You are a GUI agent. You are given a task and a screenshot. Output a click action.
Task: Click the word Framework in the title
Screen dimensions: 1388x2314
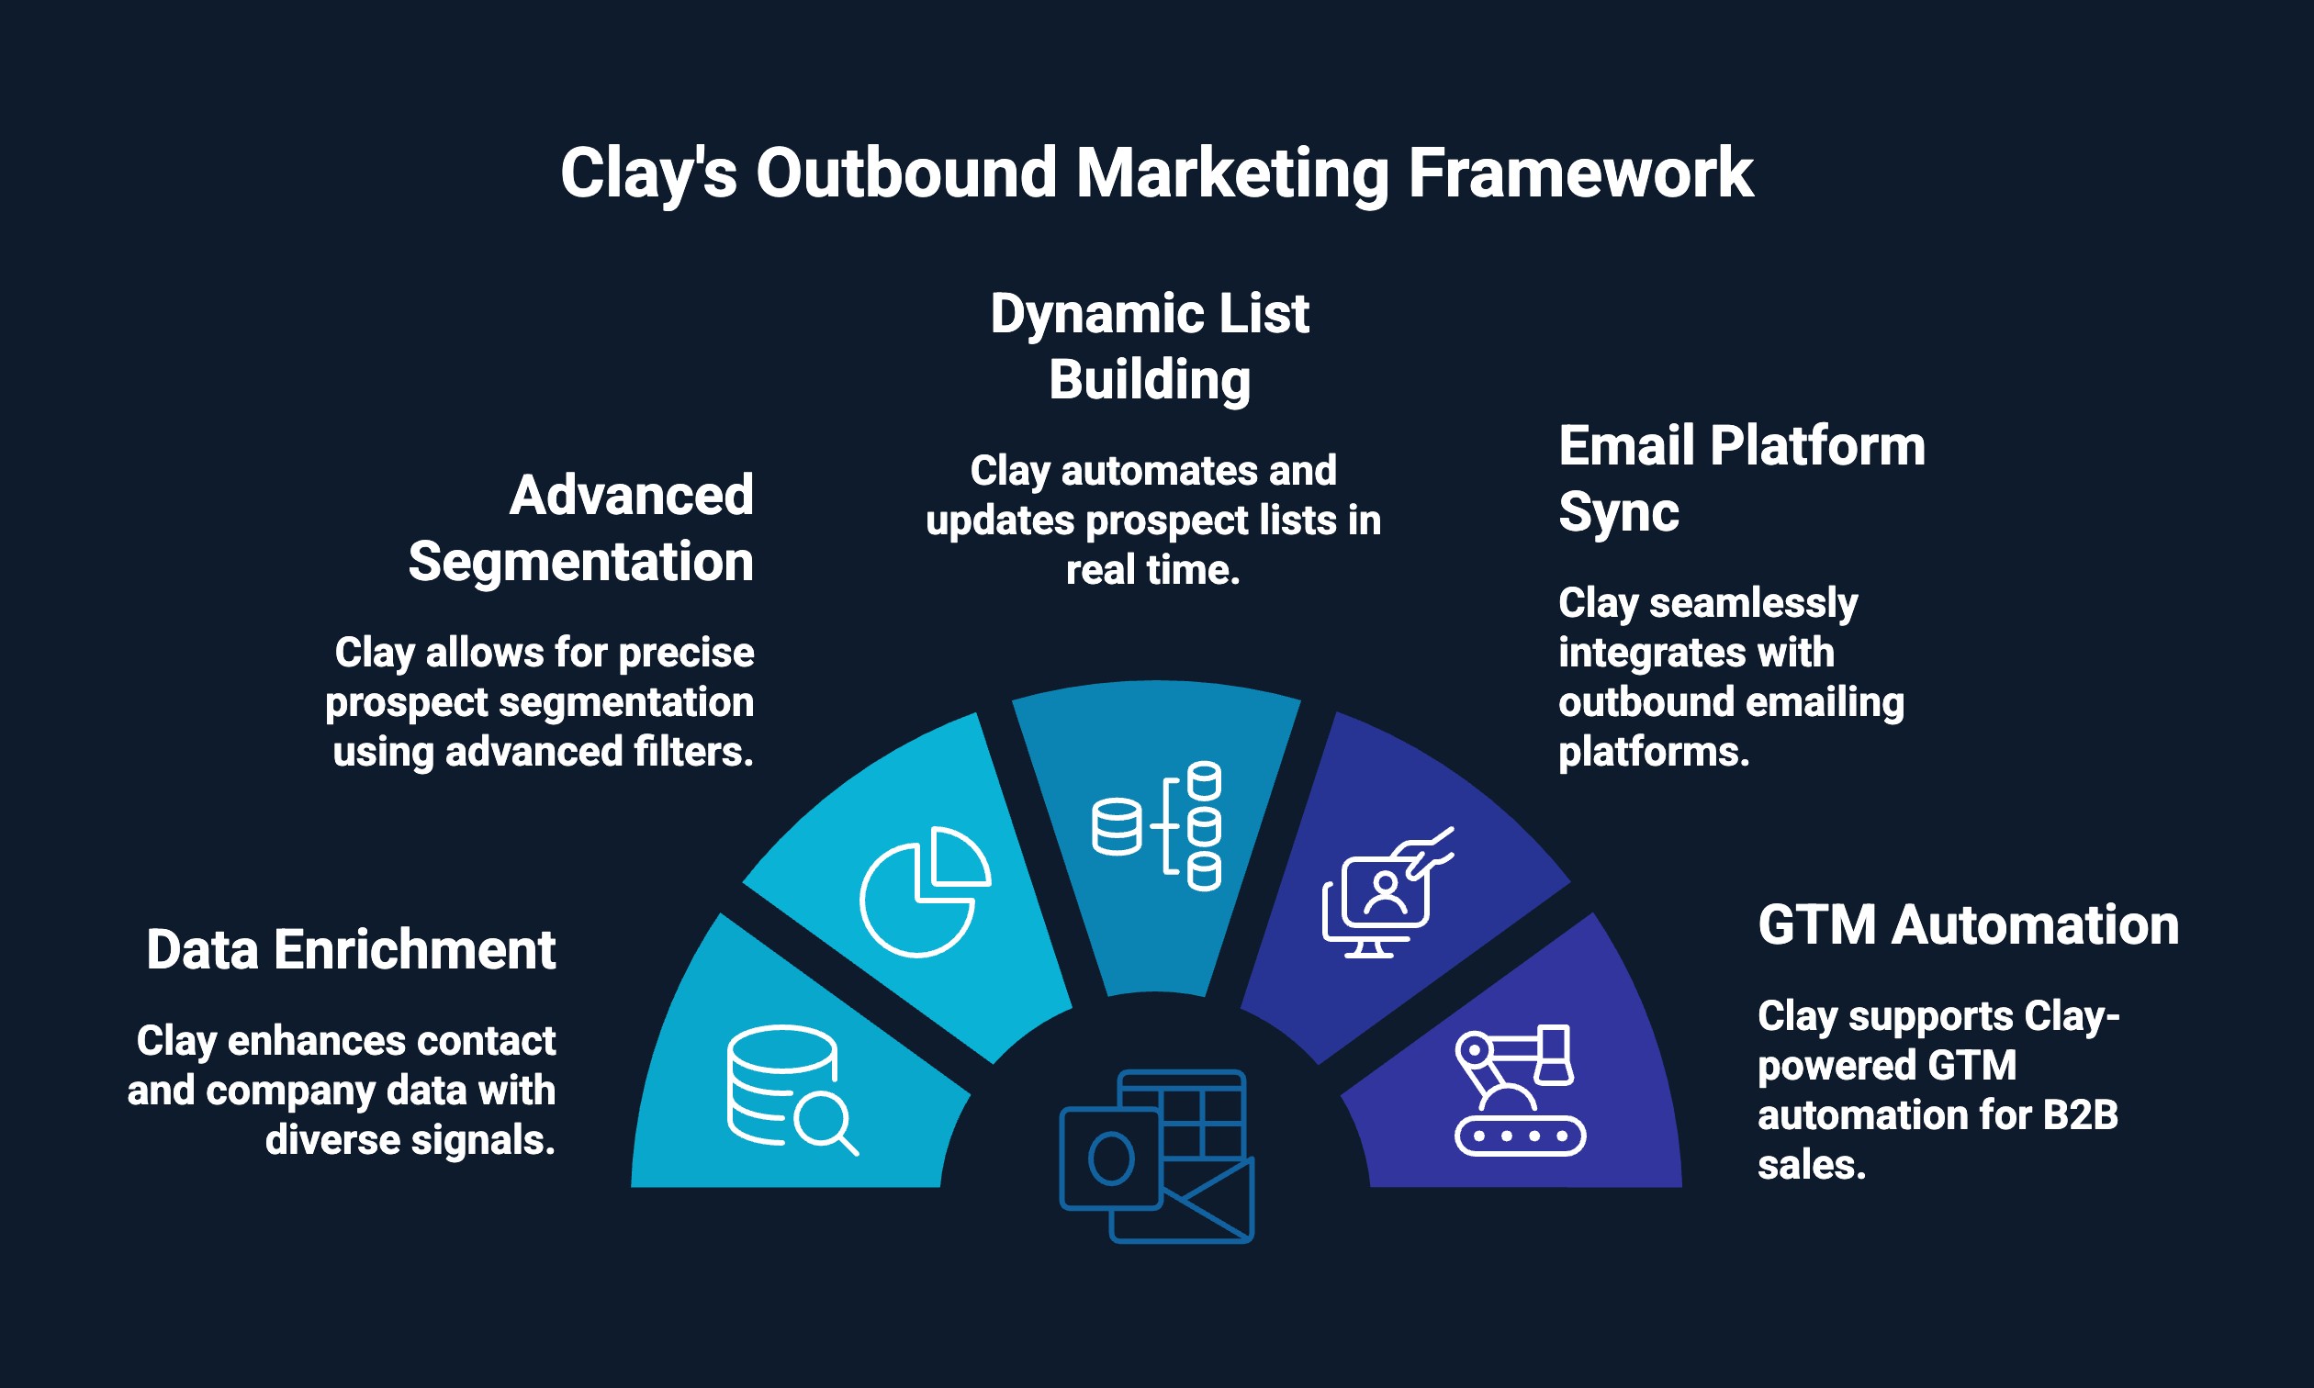(1579, 174)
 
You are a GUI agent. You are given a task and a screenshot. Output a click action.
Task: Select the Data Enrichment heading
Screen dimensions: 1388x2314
(351, 950)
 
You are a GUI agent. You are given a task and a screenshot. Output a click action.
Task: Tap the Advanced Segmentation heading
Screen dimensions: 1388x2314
(582, 529)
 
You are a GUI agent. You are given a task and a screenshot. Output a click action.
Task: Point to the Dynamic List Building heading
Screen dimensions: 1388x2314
(1150, 347)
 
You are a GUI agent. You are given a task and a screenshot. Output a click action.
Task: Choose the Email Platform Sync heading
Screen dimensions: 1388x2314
(1741, 478)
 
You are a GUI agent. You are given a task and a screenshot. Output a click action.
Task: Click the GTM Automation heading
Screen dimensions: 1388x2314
(1968, 925)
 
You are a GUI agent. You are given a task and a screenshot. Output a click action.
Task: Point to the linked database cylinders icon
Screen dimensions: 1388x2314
(1157, 826)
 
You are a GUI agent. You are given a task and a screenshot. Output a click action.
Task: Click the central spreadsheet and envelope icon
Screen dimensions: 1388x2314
(1156, 1156)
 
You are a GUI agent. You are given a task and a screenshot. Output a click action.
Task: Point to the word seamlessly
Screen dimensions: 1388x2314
(1753, 603)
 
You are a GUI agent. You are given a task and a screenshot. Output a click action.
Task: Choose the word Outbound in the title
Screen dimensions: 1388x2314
(905, 174)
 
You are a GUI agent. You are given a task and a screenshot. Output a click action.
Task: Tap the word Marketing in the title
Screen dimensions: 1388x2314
(1231, 174)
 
